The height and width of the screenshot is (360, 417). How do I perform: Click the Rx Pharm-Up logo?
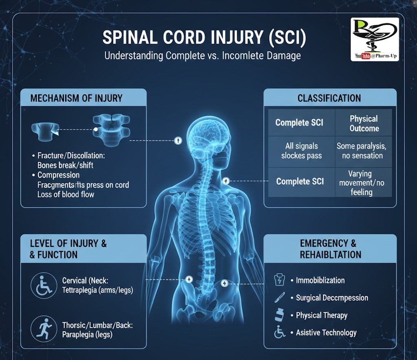[x=375, y=39]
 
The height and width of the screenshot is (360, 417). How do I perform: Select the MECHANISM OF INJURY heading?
[x=76, y=98]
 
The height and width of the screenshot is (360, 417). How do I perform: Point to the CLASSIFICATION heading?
[x=329, y=98]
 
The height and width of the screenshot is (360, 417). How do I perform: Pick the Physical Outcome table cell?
[x=364, y=123]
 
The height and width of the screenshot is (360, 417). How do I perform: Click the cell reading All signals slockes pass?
[x=301, y=151]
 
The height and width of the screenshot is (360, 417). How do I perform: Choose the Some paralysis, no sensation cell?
[x=364, y=151]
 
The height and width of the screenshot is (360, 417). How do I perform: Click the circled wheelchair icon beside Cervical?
[x=44, y=286]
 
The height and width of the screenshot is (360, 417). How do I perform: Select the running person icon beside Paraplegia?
[x=44, y=329]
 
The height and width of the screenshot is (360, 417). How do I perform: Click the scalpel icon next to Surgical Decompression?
[x=279, y=298]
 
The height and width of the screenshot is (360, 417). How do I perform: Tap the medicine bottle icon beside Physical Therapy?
[x=279, y=315]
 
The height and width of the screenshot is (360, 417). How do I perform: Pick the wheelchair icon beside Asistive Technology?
[x=279, y=332]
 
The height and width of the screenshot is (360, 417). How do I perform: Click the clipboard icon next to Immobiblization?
[x=279, y=280]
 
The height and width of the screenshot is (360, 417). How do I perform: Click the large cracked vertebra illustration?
[x=112, y=131]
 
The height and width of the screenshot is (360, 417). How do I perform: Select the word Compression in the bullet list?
[x=59, y=175]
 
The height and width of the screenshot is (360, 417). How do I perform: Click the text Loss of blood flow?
[x=66, y=194]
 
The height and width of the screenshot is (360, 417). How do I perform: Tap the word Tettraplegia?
[x=79, y=290]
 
